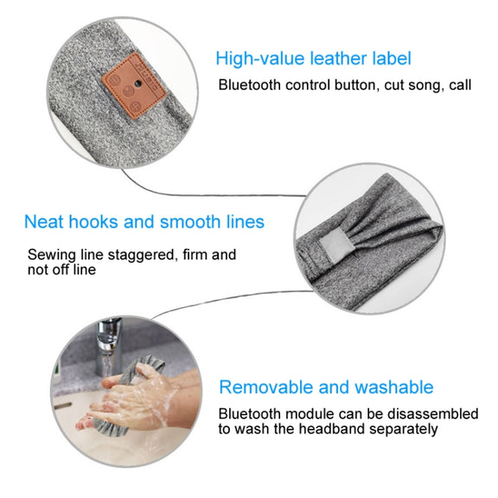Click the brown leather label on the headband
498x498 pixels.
(x=133, y=86)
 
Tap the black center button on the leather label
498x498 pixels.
(x=137, y=84)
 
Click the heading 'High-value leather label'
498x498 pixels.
(x=313, y=59)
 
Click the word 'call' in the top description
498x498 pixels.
(x=460, y=85)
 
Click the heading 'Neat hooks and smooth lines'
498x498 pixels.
(x=144, y=221)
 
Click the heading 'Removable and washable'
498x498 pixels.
(x=326, y=387)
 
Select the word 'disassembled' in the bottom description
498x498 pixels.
(x=433, y=414)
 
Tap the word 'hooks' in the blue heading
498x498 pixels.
(x=93, y=221)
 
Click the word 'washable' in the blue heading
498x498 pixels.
(x=394, y=387)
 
